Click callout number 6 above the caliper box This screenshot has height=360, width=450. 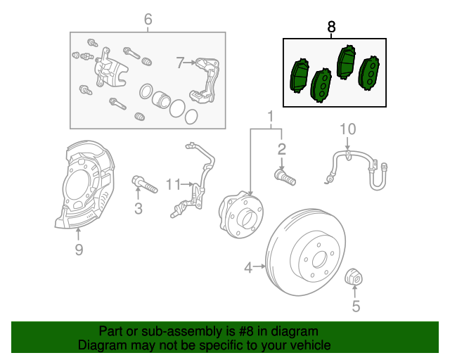coord(148,19)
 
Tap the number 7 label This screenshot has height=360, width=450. coord(180,63)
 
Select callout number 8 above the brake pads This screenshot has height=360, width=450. coord(332,27)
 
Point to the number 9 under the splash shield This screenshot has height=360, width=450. coord(79,249)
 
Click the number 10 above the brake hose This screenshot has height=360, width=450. coord(348,129)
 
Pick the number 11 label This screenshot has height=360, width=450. coord(173,184)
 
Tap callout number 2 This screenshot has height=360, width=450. coord(282,149)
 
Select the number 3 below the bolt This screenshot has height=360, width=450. coord(139,208)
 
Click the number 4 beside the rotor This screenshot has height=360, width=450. coord(248,266)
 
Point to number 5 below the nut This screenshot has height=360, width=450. coord(355,306)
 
